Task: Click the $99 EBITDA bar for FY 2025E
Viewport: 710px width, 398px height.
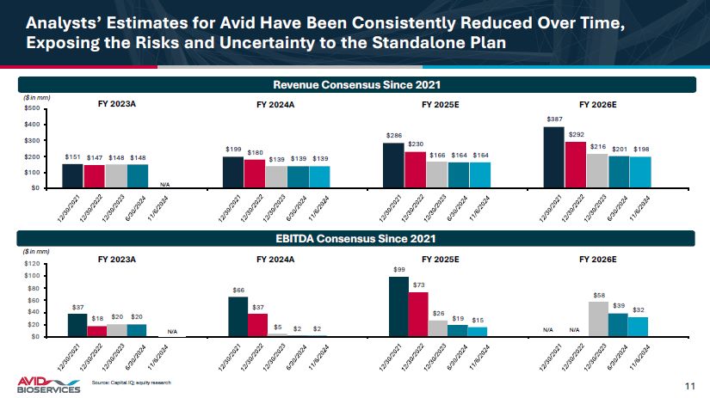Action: (x=398, y=306)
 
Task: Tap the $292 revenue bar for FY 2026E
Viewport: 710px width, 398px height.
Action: (x=575, y=165)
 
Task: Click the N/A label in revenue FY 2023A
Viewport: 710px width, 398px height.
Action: (x=166, y=183)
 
